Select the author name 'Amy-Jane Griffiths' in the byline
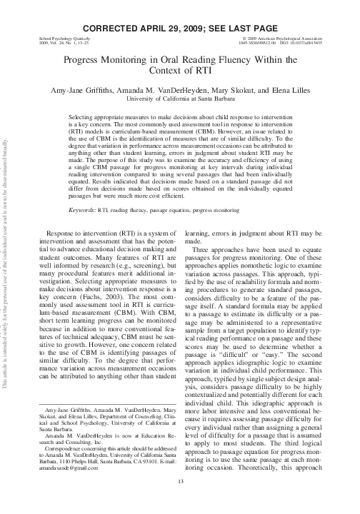coord(91,91)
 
